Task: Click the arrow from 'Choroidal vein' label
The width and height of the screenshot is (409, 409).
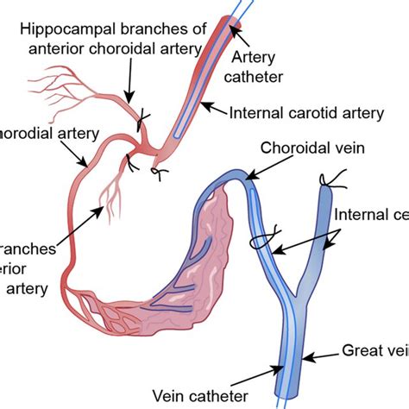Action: (x=263, y=163)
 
